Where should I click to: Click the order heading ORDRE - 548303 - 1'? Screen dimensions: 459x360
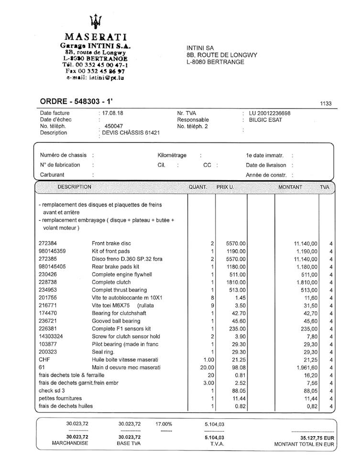click(76, 101)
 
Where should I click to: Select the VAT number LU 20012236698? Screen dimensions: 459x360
click(270, 113)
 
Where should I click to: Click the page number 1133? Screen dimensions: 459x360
click(326, 103)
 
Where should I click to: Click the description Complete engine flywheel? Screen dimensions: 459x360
click(122, 274)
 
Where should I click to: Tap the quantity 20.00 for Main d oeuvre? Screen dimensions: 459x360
click(207, 367)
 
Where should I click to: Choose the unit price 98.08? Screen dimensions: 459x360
click(238, 367)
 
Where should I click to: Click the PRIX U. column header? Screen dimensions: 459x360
click(225, 187)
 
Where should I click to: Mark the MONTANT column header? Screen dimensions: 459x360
click(290, 187)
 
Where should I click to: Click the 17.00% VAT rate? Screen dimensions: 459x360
click(164, 424)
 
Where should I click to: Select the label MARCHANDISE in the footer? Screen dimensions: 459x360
click(70, 443)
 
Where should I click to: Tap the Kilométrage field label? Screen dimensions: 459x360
click(172, 155)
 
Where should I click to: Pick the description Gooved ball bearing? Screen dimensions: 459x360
click(116, 321)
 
